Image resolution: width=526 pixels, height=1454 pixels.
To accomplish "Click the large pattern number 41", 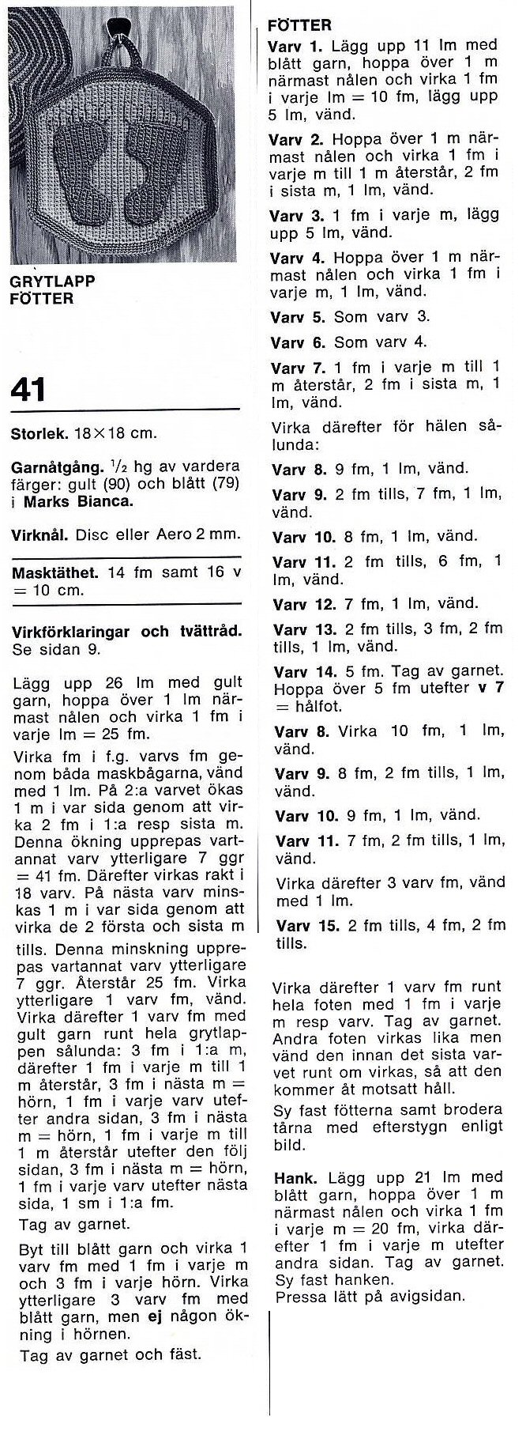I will (x=28, y=390).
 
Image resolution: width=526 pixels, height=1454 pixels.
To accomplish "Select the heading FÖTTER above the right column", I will (x=301, y=25).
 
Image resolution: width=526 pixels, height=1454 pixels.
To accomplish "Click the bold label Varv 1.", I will (x=296, y=47).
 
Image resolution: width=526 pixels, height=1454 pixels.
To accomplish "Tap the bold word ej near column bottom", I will (x=155, y=1316).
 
